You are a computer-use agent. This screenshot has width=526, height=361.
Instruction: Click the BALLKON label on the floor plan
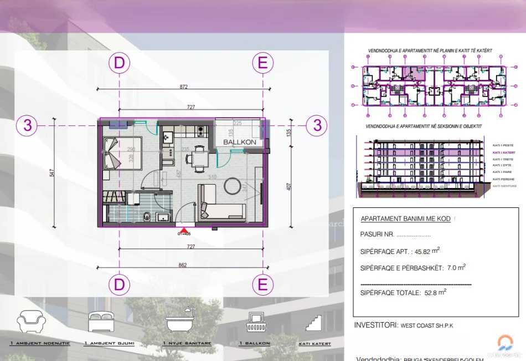click(239, 143)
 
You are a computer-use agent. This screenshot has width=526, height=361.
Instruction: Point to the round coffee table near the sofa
click(233, 186)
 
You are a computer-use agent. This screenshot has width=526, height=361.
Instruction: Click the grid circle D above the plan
click(120, 63)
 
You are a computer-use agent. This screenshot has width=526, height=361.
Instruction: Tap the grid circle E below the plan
click(262, 285)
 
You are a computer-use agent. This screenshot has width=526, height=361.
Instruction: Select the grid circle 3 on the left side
click(28, 125)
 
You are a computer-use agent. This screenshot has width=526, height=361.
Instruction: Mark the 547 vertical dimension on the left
click(53, 172)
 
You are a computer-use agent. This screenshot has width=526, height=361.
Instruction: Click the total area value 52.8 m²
click(435, 292)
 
